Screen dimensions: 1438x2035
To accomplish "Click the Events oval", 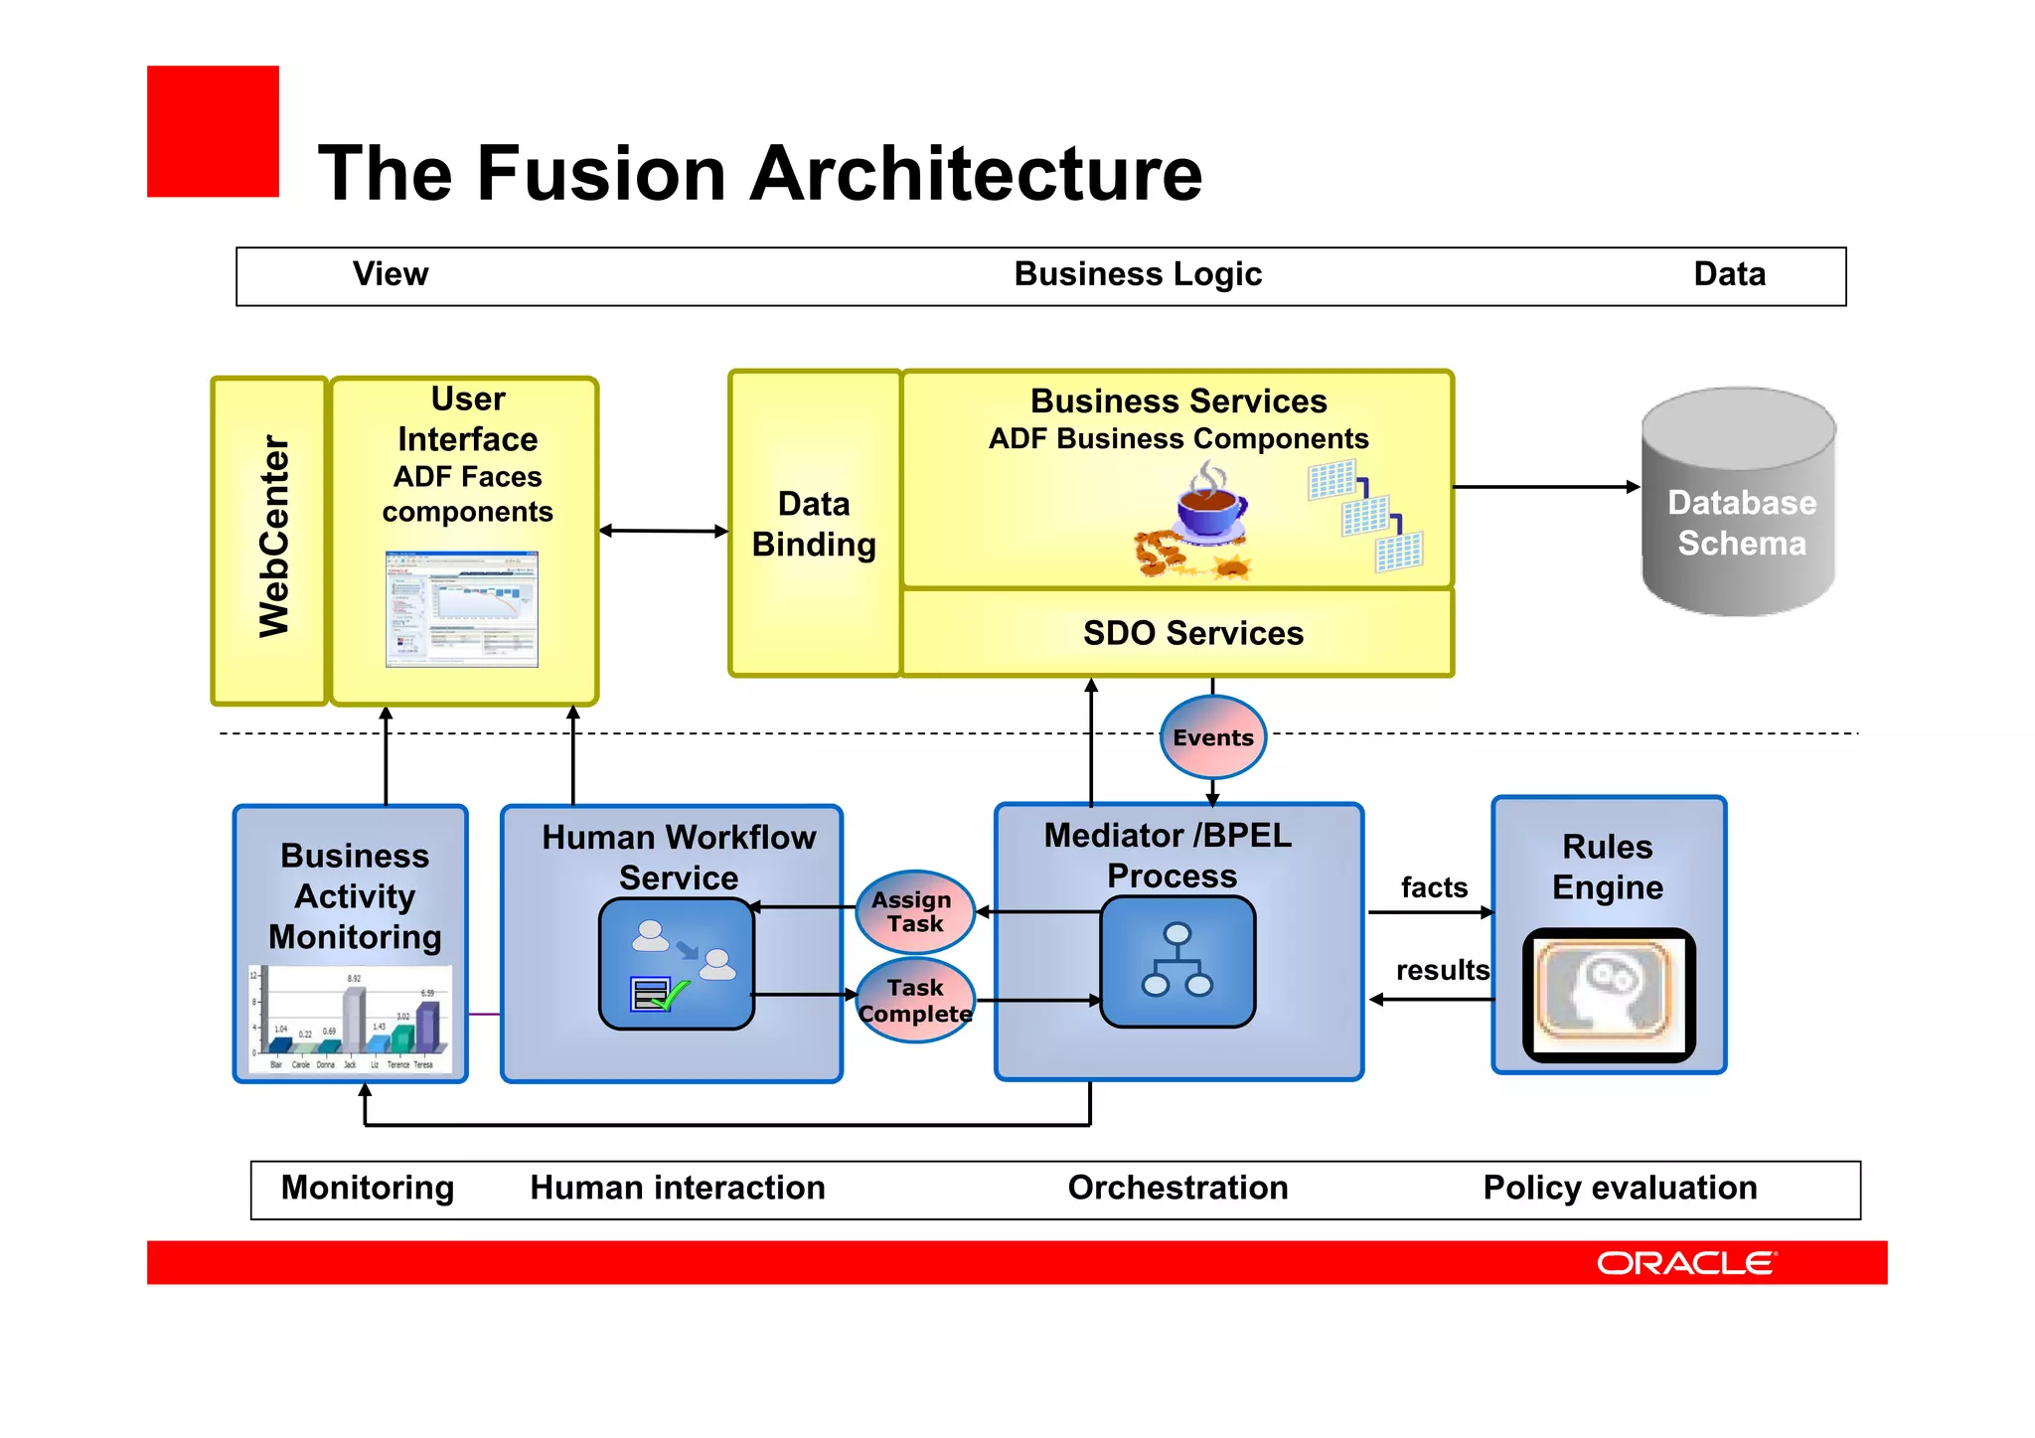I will (1212, 737).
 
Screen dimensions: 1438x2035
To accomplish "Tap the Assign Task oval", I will (914, 911).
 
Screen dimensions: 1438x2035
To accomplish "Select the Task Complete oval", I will (915, 1001).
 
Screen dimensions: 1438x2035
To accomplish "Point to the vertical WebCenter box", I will (270, 541).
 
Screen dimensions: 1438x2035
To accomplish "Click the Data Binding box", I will (815, 525).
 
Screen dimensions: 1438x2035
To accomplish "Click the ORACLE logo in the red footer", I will (1685, 1263).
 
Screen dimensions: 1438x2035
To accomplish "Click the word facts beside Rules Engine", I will (1434, 887).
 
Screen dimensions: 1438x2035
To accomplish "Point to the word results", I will (1442, 970).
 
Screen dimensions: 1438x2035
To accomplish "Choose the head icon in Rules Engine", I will (1608, 995).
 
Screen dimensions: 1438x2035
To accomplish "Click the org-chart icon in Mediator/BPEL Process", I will (1177, 961).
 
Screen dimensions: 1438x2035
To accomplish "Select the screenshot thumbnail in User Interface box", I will (462, 608).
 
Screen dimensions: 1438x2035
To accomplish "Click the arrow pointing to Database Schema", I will (1546, 487).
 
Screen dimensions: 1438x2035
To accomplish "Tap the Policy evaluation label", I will (1620, 1189).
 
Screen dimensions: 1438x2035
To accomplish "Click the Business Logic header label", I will (1138, 274).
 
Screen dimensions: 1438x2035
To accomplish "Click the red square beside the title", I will (213, 131).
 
